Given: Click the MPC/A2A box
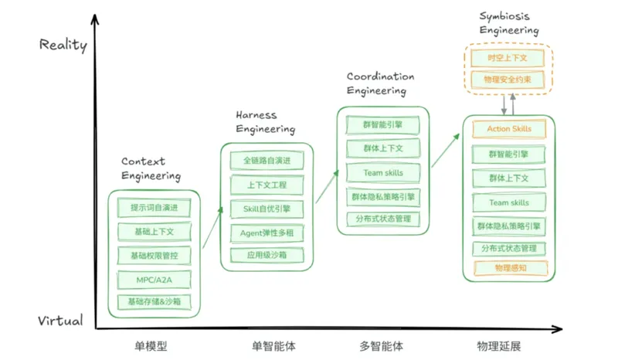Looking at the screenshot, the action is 154,280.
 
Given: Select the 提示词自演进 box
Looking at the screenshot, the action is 154,208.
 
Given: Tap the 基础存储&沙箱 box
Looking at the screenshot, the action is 154,302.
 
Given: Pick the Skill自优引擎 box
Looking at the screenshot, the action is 267,209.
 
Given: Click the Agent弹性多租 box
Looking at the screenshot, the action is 267,233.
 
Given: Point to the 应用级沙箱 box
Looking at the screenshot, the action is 267,255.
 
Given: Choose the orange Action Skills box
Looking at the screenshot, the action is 509,129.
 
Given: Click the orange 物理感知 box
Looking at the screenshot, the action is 511,268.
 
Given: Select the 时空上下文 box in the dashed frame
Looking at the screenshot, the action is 508,58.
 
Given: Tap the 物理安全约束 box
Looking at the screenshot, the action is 508,80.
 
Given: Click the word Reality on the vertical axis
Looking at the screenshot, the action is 63,45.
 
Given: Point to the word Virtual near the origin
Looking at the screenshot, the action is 60,320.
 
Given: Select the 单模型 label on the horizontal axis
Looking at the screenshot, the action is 151,346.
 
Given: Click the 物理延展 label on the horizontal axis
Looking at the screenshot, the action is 499,346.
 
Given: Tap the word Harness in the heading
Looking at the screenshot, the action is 256,115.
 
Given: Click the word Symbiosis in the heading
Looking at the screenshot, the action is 504,16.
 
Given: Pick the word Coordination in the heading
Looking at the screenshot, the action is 380,76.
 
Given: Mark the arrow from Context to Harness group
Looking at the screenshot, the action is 213,228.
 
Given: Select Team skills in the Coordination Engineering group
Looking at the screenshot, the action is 383,173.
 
